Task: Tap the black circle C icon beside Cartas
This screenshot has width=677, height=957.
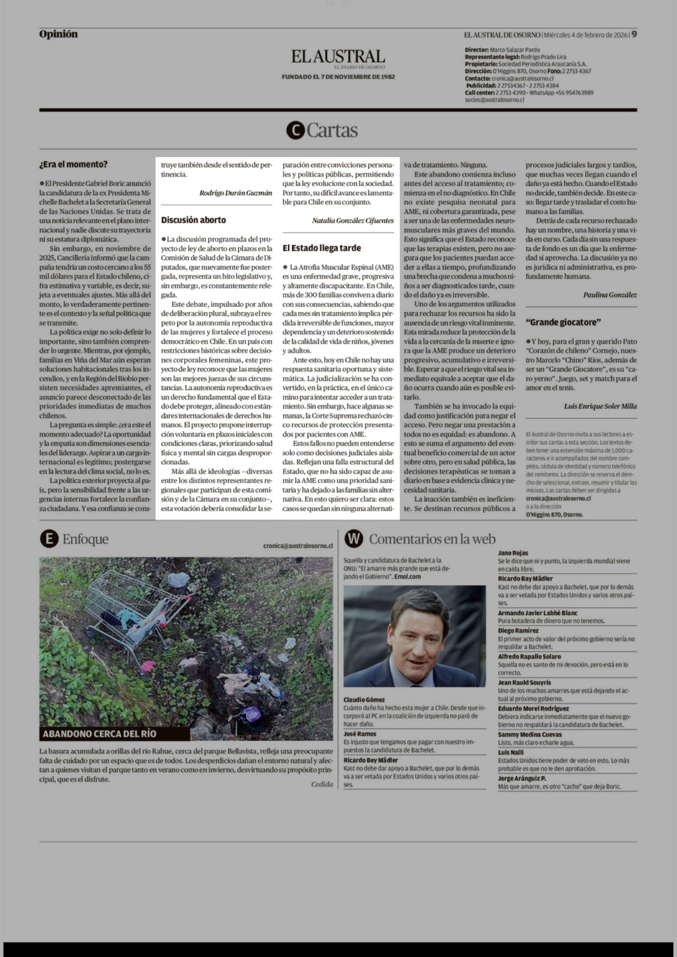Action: pos(296,130)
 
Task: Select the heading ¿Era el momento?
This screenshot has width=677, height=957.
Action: pos(73,164)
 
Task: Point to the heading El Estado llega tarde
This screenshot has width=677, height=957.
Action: pos(321,248)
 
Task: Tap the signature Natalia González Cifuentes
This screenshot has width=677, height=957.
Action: pos(353,220)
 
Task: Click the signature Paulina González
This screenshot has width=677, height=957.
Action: pos(610,295)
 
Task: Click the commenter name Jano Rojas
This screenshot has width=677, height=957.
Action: pos(513,553)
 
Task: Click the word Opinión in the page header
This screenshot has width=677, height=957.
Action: pos(58,34)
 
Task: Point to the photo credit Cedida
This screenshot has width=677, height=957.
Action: pos(322,784)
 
